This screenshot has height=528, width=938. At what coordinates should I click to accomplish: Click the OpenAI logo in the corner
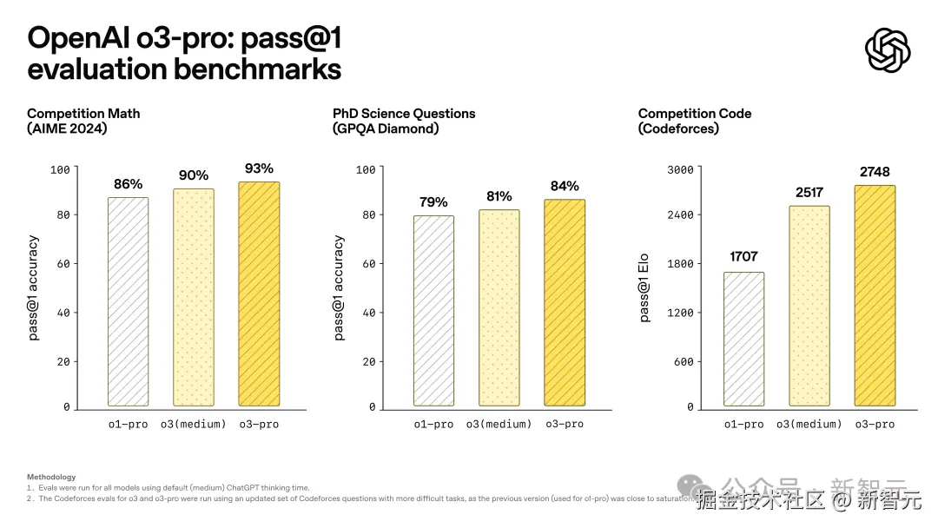(888, 50)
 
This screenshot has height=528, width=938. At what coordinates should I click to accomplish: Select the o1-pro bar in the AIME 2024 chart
(128, 301)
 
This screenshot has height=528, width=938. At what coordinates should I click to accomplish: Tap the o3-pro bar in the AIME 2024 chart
(259, 294)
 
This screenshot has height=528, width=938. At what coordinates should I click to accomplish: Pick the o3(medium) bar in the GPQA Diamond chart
(499, 307)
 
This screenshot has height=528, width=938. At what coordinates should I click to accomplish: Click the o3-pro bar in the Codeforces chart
(875, 295)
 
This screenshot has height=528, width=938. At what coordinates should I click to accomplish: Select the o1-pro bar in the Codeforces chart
(743, 339)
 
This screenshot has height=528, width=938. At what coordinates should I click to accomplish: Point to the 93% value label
(259, 168)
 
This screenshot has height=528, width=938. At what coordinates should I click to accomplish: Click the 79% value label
(433, 202)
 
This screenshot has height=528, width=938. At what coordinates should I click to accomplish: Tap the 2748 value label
(875, 172)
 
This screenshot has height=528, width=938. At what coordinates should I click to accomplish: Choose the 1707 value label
(743, 256)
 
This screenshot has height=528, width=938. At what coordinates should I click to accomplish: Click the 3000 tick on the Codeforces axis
(680, 169)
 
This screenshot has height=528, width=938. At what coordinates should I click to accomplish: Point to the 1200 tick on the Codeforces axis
(680, 313)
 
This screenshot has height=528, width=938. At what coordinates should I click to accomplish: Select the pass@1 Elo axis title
(644, 287)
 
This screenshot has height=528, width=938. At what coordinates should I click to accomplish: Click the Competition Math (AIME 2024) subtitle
(83, 121)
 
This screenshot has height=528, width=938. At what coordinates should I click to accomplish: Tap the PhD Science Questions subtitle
(404, 114)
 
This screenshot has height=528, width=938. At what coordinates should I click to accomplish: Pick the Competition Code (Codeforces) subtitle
(695, 121)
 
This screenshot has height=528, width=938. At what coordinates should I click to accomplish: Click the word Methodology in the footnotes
(51, 477)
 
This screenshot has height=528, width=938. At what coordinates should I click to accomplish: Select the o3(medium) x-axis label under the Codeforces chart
(809, 424)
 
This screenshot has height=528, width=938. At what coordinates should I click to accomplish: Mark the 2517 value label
(809, 192)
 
